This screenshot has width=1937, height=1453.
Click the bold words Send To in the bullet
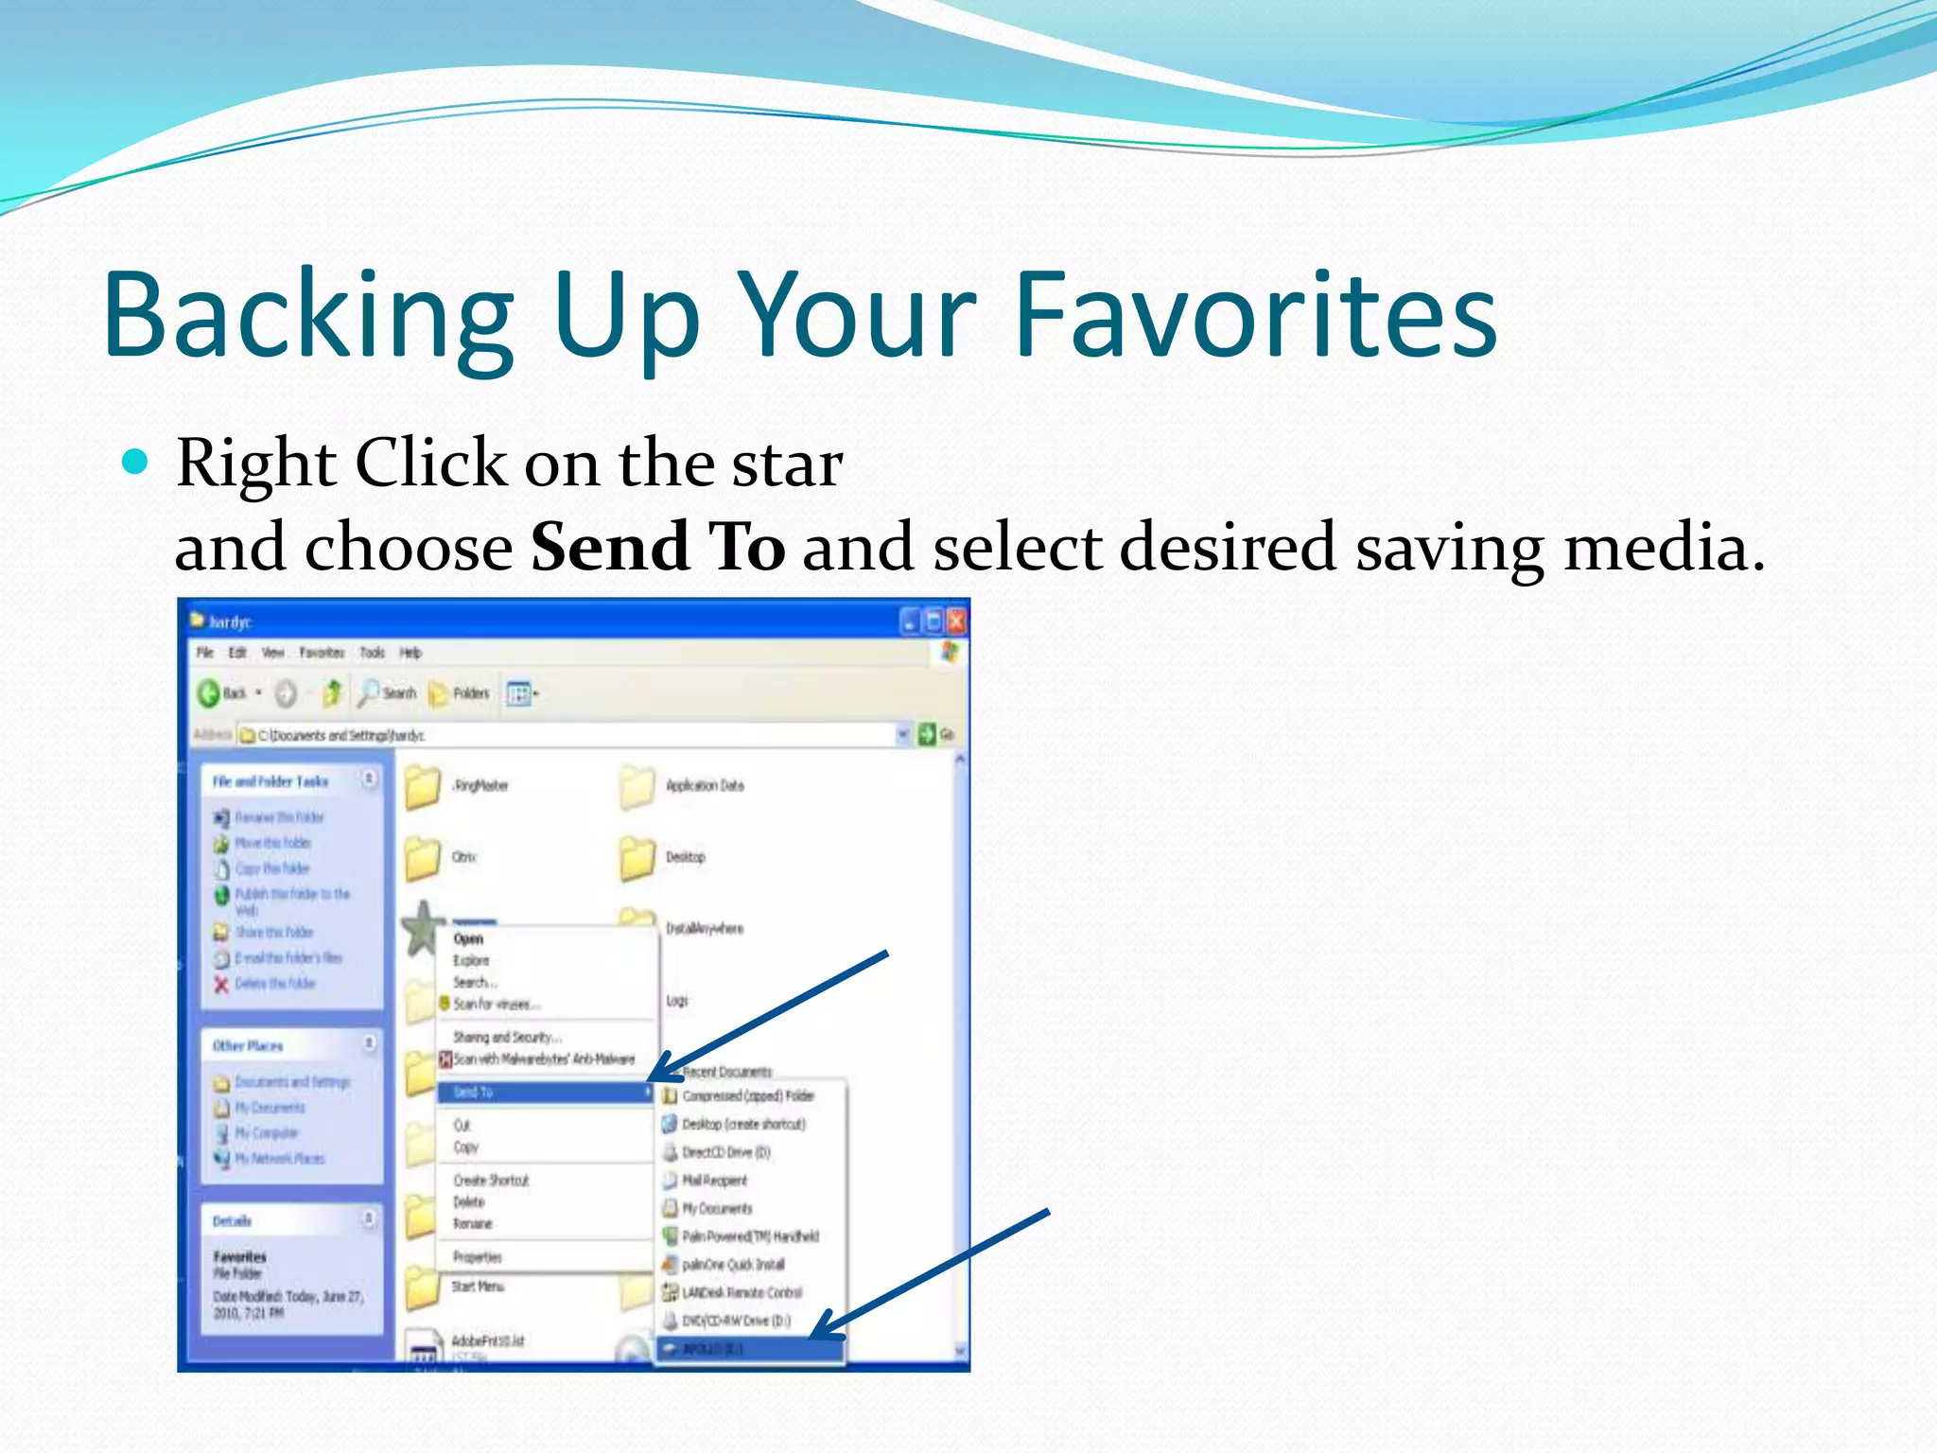coord(657,547)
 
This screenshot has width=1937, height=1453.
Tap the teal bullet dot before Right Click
coord(136,462)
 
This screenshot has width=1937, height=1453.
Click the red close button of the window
coord(956,621)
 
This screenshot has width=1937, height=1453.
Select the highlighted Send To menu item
coord(543,1093)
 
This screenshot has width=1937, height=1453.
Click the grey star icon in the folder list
coord(423,927)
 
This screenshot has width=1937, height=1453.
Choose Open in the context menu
coord(468,938)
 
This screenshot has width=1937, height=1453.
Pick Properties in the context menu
coord(478,1257)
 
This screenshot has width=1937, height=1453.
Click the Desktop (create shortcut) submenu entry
coord(743,1124)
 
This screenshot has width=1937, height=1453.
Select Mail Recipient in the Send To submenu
coord(714,1181)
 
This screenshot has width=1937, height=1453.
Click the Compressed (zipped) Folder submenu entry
coord(747,1095)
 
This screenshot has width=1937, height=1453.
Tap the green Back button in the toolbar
coord(210,693)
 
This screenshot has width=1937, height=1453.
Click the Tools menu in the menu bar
coord(372,653)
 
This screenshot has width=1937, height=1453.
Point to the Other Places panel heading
coord(248,1045)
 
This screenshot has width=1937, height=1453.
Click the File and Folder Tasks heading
coord(270,781)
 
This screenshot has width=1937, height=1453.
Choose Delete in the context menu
coord(469,1202)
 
